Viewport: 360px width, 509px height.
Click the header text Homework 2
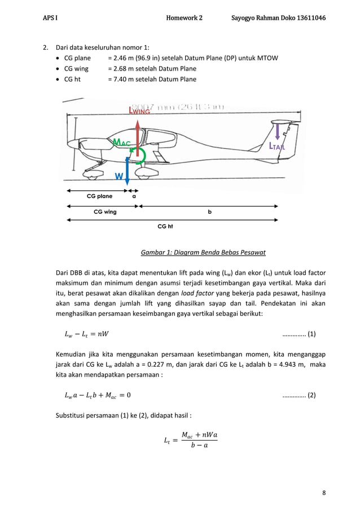pyautogui.click(x=184, y=18)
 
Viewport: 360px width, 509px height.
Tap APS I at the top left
pyautogui.click(x=50, y=18)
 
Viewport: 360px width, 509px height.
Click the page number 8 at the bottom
pyautogui.click(x=324, y=493)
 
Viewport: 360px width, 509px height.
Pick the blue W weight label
pyautogui.click(x=119, y=177)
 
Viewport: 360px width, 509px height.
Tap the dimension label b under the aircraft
pyautogui.click(x=209, y=212)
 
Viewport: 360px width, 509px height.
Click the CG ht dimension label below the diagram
pyautogui.click(x=165, y=226)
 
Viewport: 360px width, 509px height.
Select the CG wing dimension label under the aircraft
pyautogui.click(x=105, y=212)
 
